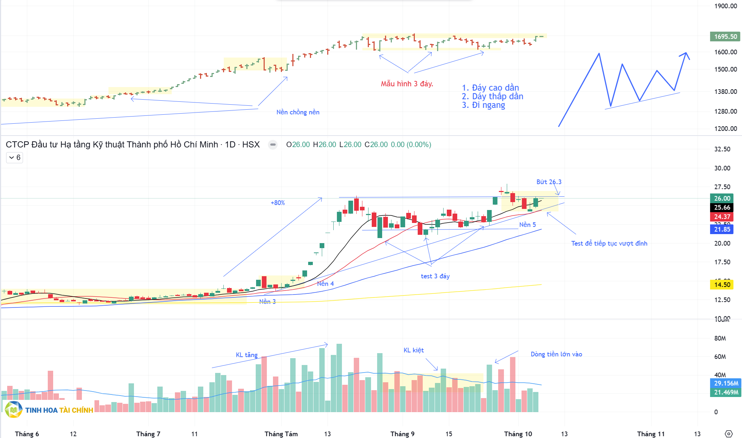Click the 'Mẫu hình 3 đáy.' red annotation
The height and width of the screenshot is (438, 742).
pos(407,84)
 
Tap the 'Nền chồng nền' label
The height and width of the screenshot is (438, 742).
pos(298,112)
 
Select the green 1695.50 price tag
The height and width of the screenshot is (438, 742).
pos(725,37)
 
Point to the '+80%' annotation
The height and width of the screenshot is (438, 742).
pos(278,203)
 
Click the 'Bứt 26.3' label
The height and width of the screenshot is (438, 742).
pos(549,182)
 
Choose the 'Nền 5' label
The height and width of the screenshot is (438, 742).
pos(527,225)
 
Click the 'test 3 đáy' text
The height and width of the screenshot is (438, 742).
pos(435,276)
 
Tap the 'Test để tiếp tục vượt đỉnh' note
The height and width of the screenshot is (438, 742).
pos(609,243)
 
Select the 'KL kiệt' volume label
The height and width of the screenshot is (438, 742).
pos(413,350)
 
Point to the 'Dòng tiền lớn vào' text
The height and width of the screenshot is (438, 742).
pos(556,354)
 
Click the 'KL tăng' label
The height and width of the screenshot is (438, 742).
pos(246,355)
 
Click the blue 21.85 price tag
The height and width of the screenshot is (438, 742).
pos(722,229)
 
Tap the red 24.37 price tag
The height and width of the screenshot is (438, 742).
pos(722,217)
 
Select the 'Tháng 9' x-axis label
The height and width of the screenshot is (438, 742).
pos(402,434)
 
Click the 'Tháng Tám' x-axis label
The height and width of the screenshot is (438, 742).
pos(281,434)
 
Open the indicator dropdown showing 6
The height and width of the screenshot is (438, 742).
pos(15,158)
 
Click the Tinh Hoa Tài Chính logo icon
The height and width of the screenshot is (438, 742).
pos(14,410)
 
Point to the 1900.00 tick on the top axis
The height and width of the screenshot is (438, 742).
pos(725,6)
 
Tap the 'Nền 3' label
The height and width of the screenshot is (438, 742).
pos(268,302)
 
